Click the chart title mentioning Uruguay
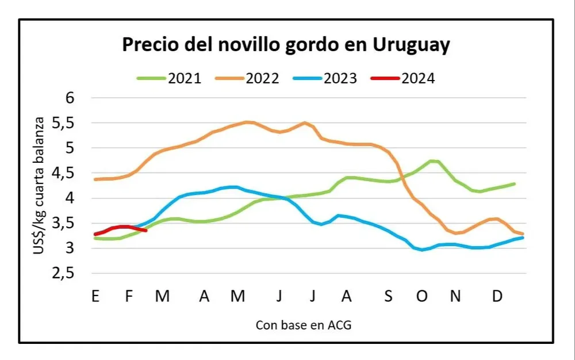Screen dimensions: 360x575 click(286, 45)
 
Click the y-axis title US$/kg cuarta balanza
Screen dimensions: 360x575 click(40, 186)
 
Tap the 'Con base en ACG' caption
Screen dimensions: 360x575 click(303, 325)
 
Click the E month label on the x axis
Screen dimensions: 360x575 click(95, 296)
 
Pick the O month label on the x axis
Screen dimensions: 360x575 click(423, 296)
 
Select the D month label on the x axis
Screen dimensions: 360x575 click(498, 296)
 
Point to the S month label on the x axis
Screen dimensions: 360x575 click(388, 296)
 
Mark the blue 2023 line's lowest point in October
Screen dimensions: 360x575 click(423, 250)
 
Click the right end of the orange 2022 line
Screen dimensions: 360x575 click(523, 234)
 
